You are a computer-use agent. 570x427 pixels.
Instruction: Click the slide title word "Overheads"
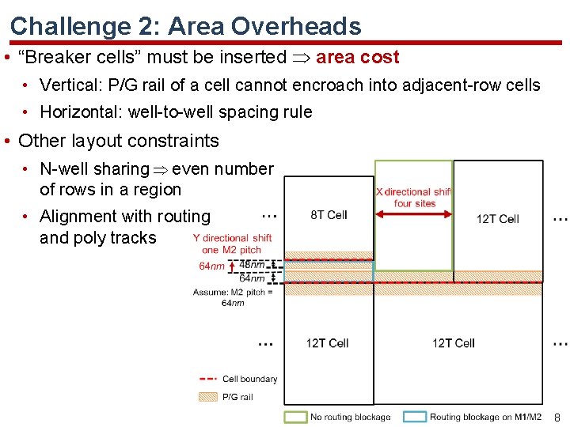[296, 26]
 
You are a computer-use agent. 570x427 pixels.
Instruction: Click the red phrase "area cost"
[357, 57]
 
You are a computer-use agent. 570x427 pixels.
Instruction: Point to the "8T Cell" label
[329, 215]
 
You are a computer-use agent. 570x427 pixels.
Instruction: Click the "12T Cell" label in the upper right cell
[497, 219]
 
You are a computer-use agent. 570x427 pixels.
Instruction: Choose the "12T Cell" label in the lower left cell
[328, 342]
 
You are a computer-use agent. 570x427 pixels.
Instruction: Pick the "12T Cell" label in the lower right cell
[453, 342]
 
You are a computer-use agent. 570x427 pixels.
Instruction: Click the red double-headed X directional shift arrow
[413, 213]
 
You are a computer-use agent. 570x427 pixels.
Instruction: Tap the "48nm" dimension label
[252, 265]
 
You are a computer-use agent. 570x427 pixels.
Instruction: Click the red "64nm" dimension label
[211, 266]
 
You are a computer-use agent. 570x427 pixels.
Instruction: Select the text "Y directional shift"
[232, 238]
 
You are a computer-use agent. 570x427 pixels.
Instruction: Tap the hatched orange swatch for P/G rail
[207, 397]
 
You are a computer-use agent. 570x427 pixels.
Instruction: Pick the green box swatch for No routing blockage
[296, 416]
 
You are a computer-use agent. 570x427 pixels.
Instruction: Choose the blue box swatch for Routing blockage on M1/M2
[415, 416]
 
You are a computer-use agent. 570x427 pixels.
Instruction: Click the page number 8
[557, 417]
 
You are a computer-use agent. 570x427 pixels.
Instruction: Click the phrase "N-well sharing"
[94, 169]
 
